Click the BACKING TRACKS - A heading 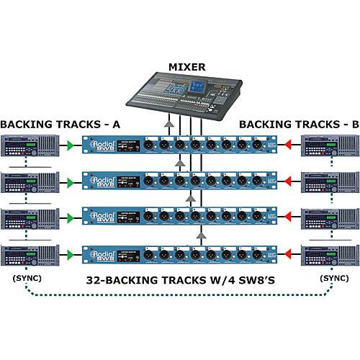(x=60, y=124)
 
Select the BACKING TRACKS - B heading (x=299, y=124)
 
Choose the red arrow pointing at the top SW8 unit (x=289, y=147)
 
